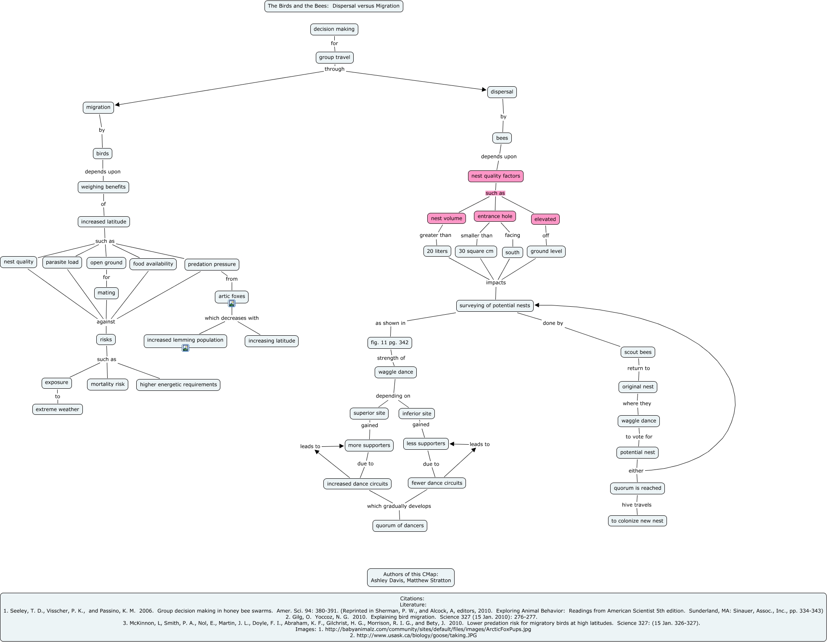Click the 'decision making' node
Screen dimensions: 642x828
click(x=334, y=29)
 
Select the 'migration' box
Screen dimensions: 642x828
click(x=98, y=107)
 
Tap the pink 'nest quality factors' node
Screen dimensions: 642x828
click(x=495, y=176)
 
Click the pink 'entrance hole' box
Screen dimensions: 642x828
click(x=495, y=216)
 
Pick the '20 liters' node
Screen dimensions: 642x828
click(x=437, y=251)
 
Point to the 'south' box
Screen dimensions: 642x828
click(x=512, y=252)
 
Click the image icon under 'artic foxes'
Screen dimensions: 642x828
click(x=232, y=303)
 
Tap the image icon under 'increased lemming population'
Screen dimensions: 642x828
click(x=185, y=348)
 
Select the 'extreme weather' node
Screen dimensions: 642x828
click(x=57, y=409)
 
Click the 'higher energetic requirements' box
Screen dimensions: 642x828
click(x=178, y=385)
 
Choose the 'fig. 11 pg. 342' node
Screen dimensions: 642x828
click(x=389, y=342)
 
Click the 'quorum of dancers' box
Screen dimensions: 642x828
click(x=399, y=525)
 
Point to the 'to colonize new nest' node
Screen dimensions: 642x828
click(x=637, y=521)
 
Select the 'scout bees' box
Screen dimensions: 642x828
click(x=638, y=352)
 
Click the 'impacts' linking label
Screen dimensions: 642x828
click(x=496, y=282)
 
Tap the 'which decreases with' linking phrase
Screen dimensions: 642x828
click(x=232, y=318)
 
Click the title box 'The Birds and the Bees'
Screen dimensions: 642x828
click(x=333, y=6)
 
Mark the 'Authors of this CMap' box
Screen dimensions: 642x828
click(x=410, y=577)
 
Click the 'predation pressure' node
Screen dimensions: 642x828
click(x=212, y=264)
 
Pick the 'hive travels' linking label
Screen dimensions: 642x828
click(x=636, y=505)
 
